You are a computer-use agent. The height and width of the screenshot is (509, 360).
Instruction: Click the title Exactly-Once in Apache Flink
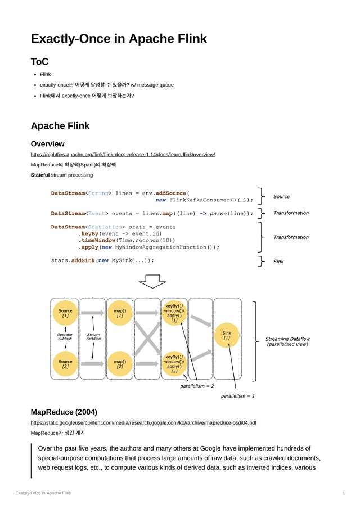pos(119,39)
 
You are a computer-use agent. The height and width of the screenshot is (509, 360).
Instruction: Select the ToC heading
pos(39,61)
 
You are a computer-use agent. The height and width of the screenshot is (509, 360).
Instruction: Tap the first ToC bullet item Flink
pos(45,74)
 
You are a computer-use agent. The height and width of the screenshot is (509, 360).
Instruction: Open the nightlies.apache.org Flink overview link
pos(123,154)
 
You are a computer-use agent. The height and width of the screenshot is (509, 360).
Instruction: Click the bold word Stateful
pos(40,175)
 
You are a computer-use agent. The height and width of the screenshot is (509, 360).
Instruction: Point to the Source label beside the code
pos(281,196)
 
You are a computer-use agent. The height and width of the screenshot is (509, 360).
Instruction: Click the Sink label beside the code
pos(278,261)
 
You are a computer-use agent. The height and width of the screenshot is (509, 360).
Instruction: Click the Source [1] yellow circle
pos(65,313)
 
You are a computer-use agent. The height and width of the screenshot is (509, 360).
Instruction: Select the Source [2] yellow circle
pos(65,364)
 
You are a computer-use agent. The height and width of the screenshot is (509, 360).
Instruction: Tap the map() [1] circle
pos(120,313)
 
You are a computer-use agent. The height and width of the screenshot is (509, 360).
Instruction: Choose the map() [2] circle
pos(120,364)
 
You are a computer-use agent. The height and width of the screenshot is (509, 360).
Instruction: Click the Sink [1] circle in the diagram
pos(227,336)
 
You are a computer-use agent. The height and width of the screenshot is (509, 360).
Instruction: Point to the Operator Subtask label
pos(65,336)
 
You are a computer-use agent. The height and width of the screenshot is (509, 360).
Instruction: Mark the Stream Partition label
pos(93,336)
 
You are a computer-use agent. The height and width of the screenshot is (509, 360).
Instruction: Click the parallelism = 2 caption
pos(197,386)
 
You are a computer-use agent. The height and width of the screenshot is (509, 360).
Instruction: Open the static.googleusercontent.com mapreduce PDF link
pos(143,422)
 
